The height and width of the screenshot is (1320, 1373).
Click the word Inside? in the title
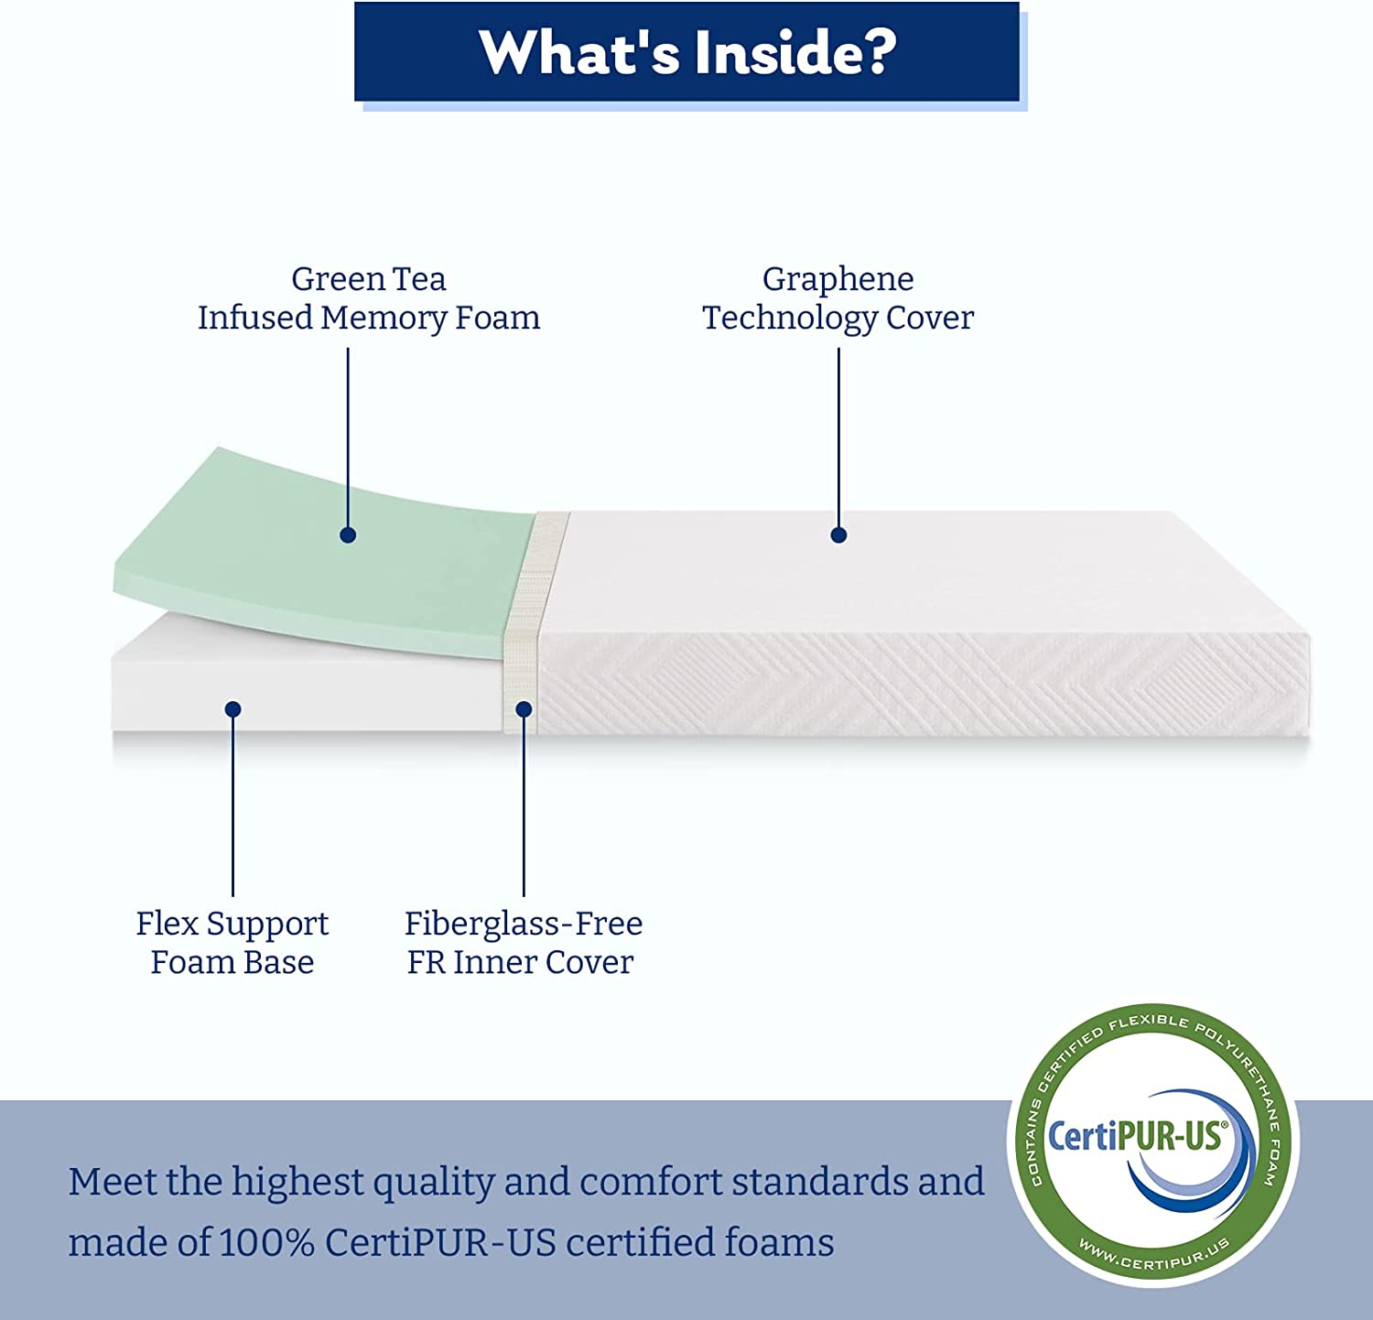point(795,52)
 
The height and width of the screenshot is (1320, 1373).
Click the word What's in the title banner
point(579,52)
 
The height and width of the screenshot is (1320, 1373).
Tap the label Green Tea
point(368,278)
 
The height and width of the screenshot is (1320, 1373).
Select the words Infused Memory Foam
point(368,318)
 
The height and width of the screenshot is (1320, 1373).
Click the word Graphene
point(838,278)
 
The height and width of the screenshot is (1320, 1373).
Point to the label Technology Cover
point(838,318)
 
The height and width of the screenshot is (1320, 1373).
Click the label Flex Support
point(232,924)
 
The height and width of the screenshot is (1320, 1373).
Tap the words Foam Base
point(232,962)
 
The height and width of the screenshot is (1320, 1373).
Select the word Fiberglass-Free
point(523,924)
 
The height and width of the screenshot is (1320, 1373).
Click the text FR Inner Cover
point(520,962)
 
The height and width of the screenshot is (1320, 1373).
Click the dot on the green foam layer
point(348,536)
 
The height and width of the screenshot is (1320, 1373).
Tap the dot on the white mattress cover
point(838,536)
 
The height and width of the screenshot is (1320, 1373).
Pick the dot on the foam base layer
point(232,709)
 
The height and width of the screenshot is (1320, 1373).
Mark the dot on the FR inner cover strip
point(524,709)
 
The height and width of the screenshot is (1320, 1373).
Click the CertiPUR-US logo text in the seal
point(1135,1136)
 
